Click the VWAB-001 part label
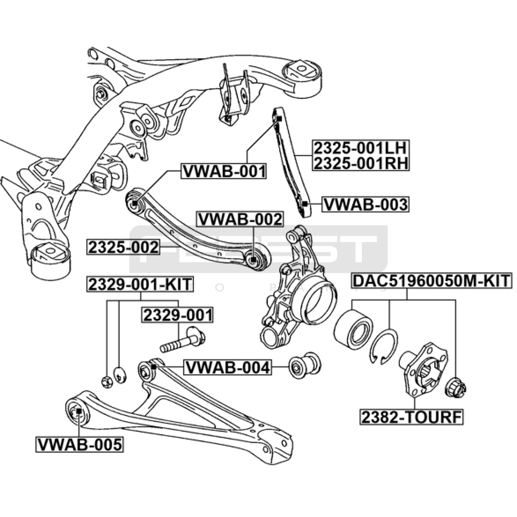pyautogui.click(x=224, y=171)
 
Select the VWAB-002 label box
pyautogui.click(x=240, y=219)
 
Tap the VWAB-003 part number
pyautogui.click(x=365, y=204)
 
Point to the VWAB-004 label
pyautogui.click(x=227, y=367)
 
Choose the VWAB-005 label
pyautogui.click(x=79, y=444)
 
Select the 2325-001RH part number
pyautogui.click(x=360, y=163)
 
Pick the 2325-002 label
pyautogui.click(x=123, y=247)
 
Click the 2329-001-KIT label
pyautogui.click(x=140, y=284)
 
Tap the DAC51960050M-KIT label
pyautogui.click(x=431, y=281)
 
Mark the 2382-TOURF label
pyautogui.click(x=411, y=417)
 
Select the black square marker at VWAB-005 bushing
pyautogui.click(x=79, y=411)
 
